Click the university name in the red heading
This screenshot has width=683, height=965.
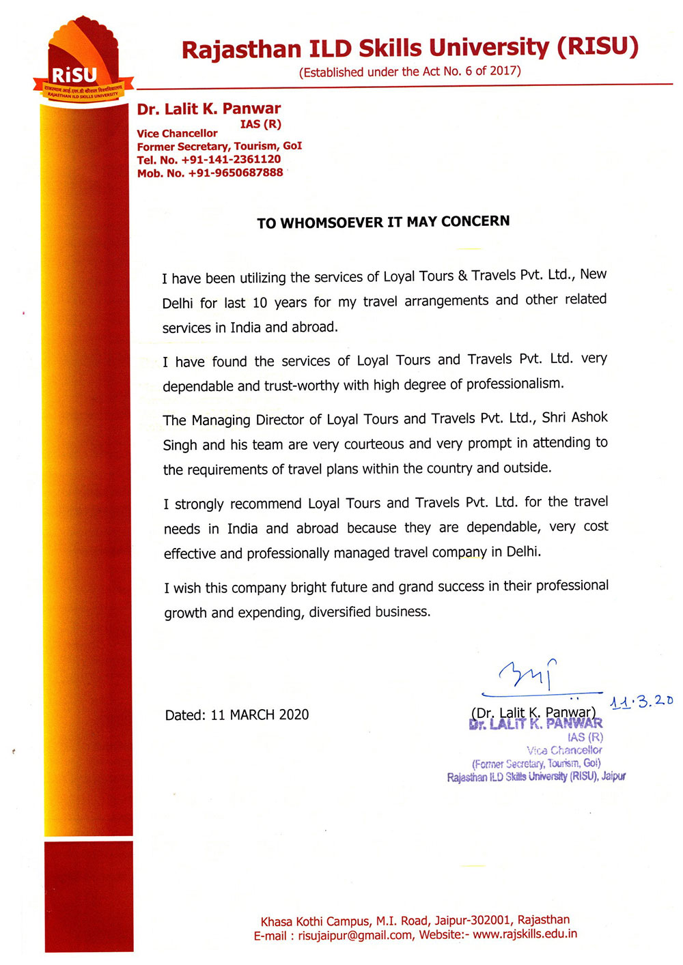coord(410,48)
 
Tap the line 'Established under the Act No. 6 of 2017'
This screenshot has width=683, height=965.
coord(410,72)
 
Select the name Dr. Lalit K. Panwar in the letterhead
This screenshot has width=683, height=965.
coord(209,109)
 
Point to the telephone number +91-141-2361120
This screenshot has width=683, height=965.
coord(231,160)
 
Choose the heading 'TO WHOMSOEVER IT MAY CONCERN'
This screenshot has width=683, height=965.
coord(383,222)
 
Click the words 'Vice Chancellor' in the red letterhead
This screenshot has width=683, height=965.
coord(177,134)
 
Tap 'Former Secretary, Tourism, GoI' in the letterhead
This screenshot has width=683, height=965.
coord(219,147)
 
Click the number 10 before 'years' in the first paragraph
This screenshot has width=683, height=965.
coord(260,302)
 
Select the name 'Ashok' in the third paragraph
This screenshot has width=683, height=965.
coord(589,418)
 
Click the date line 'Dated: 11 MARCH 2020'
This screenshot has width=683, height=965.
coord(237,715)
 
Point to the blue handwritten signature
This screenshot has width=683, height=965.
coord(528,674)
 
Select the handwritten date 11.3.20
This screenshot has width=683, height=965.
coord(641,701)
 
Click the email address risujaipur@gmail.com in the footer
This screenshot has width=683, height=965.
coord(355,935)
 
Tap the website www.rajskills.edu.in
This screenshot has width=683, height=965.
coord(525,934)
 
